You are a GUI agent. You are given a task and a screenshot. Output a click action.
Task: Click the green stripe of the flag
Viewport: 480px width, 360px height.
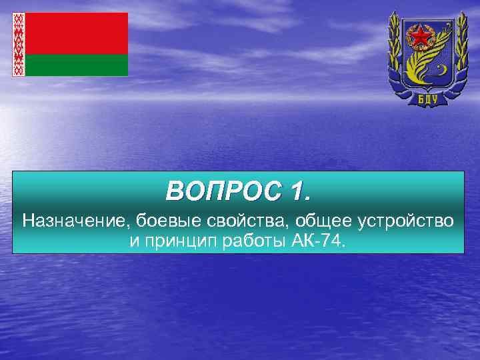[x=77, y=65]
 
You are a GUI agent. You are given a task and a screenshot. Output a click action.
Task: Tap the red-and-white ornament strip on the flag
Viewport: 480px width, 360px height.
[x=19, y=44]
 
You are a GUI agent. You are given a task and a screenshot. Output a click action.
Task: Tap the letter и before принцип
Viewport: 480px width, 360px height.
[x=133, y=240]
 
